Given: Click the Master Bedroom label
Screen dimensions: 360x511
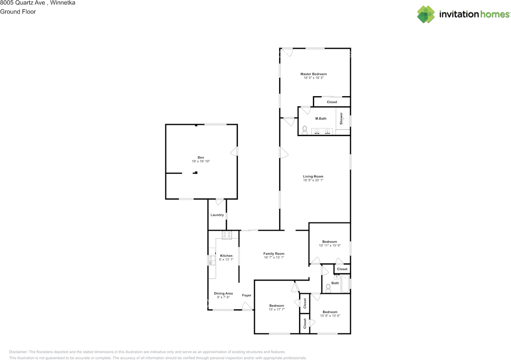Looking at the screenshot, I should (313, 74).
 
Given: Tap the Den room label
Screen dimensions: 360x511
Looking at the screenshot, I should (200, 157).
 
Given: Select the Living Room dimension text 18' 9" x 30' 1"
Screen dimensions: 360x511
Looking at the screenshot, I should (313, 180).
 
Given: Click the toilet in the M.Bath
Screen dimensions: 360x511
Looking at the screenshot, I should (305, 130).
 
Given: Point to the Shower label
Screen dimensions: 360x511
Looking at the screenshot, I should (341, 119).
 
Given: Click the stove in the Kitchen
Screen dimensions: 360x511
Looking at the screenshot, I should (227, 235).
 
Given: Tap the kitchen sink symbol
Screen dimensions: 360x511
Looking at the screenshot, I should (211, 261).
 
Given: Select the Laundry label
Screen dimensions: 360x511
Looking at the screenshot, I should (217, 215).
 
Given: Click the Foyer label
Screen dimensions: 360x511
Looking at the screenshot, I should (247, 295).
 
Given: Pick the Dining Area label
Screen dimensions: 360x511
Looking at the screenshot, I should (223, 293).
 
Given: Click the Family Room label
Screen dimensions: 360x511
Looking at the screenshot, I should (274, 253).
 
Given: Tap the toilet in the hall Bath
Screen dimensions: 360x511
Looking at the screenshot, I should (328, 287).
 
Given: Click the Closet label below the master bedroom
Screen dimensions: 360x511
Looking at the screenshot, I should (332, 102).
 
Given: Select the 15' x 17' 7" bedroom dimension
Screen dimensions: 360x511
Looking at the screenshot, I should (277, 309).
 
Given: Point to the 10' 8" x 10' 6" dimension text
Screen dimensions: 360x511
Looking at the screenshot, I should (330, 316).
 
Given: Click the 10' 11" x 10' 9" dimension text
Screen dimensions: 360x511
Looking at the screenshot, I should (330, 245).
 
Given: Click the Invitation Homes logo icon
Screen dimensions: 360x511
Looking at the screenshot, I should (426, 14).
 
